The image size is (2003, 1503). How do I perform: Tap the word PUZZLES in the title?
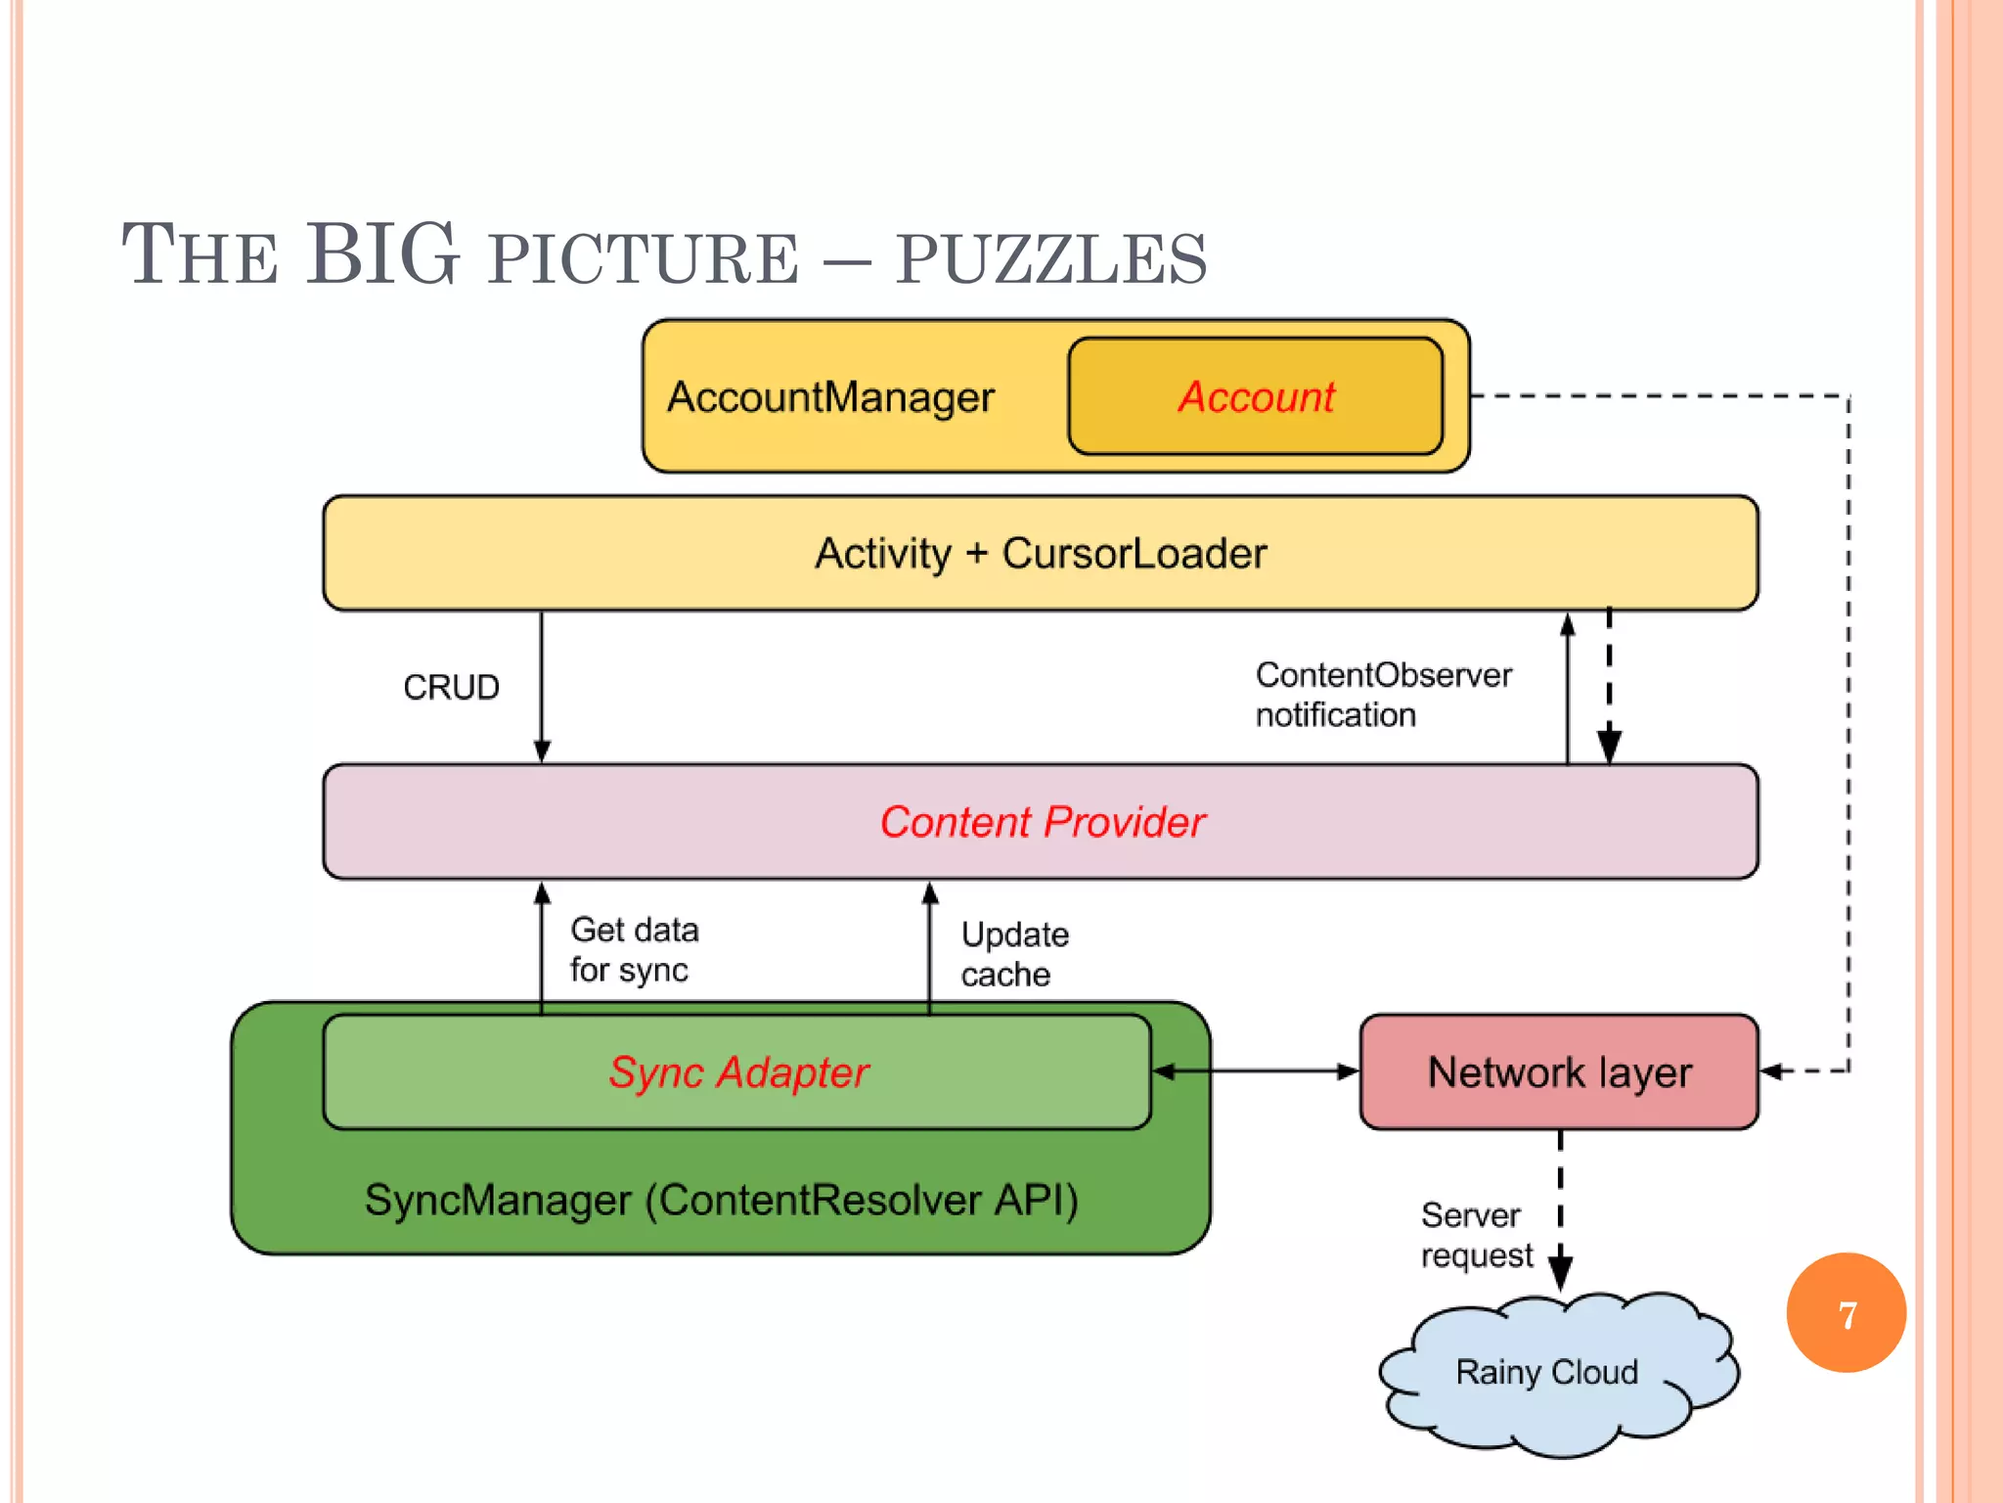point(1051,259)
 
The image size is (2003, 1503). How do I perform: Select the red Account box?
point(1255,396)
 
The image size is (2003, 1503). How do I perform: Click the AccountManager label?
point(830,397)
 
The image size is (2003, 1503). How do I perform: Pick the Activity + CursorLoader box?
point(1041,553)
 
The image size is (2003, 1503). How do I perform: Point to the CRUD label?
point(451,687)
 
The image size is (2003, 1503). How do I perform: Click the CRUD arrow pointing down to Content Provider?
point(542,685)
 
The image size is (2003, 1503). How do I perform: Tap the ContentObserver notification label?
point(1382,695)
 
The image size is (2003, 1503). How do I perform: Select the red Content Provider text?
point(1042,822)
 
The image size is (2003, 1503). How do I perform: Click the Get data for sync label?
point(634,949)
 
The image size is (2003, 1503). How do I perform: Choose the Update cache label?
point(1014,954)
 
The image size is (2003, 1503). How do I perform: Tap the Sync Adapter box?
point(737,1072)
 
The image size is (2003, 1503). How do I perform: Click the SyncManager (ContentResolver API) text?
point(721,1200)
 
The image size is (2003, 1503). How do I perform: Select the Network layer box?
point(1559,1072)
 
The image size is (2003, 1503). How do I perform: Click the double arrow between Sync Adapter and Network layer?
point(1256,1071)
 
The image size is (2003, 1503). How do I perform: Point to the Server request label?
point(1475,1235)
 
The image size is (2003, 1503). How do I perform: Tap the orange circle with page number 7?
point(1846,1313)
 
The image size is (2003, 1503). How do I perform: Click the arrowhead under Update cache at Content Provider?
point(930,892)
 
